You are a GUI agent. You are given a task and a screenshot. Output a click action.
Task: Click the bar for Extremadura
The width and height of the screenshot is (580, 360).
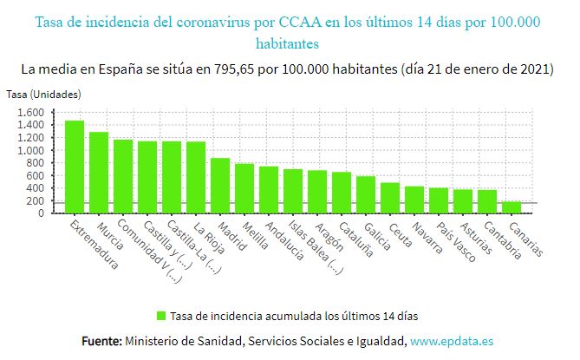(x=75, y=167)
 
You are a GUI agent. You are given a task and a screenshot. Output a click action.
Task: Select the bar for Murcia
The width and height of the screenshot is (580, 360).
(x=99, y=173)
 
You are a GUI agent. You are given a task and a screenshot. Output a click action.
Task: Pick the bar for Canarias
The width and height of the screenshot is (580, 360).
(x=512, y=207)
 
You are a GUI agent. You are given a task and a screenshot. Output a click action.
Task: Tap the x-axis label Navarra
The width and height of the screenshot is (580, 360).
(x=427, y=238)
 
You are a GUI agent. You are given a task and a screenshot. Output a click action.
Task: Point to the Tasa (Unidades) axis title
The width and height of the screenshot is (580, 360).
(x=43, y=93)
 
